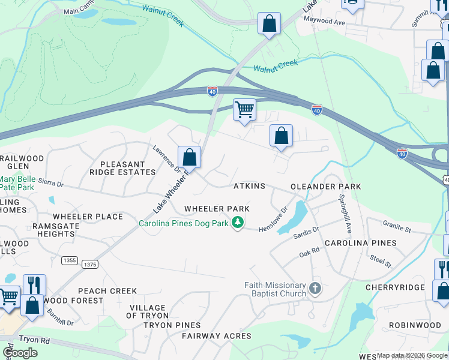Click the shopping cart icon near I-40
244,110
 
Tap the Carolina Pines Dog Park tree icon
238,223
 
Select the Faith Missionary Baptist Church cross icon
315,290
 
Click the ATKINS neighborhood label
249,187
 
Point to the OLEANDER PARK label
326,187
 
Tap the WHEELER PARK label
217,209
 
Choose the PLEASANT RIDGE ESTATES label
122,168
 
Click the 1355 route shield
70,260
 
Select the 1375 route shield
89,264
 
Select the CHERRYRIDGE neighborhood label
395,287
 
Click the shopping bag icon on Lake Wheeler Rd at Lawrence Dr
189,158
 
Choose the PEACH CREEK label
107,291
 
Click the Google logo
20,353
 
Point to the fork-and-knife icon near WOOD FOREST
34,284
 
